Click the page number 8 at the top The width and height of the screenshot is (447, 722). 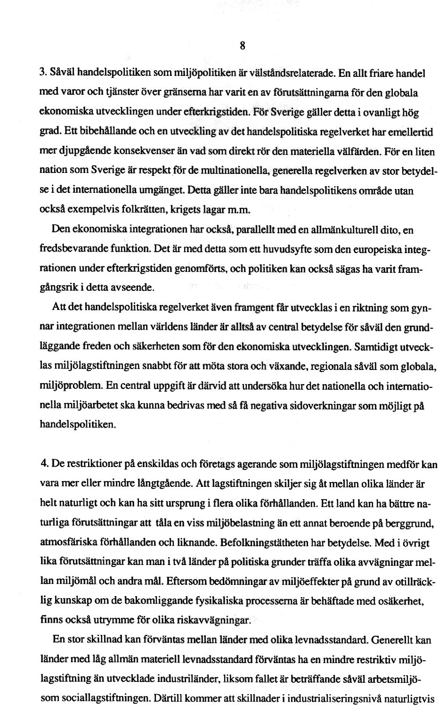[242, 46]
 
